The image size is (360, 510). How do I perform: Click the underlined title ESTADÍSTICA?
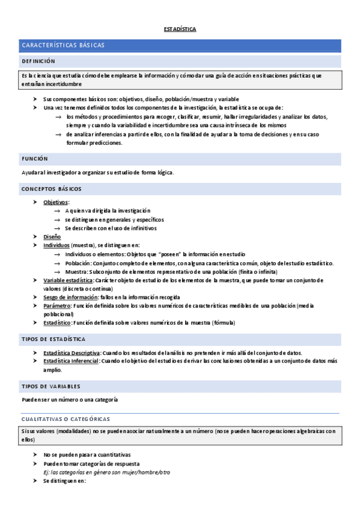click(x=180, y=29)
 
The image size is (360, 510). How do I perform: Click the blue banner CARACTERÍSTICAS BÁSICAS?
click(x=63, y=46)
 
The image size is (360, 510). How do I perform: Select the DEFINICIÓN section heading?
click(x=38, y=61)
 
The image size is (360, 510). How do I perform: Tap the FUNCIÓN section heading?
click(x=35, y=158)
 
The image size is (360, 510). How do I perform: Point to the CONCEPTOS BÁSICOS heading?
click(x=52, y=189)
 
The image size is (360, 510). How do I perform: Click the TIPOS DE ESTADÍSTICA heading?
click(x=53, y=339)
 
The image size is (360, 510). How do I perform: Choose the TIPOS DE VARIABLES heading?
click(x=51, y=386)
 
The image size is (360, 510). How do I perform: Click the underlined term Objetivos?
click(x=56, y=202)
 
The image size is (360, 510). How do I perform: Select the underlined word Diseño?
click(x=52, y=237)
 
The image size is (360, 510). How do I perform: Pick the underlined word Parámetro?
click(x=57, y=306)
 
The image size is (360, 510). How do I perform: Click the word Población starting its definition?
click(x=78, y=263)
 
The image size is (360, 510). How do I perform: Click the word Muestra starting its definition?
click(x=76, y=272)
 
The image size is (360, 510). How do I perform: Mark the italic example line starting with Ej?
click(x=106, y=472)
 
